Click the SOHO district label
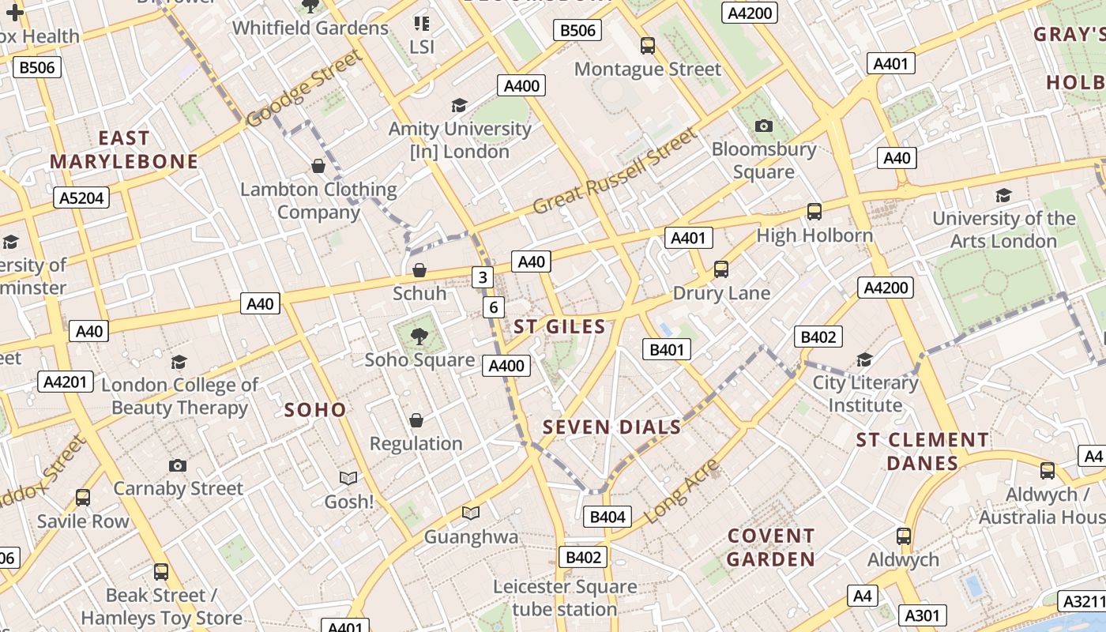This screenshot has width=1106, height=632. coord(315,409)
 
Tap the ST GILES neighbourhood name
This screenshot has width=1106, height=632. coord(559,327)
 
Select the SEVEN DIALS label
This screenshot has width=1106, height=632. coord(611,427)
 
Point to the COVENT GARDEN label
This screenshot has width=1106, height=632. coord(770,547)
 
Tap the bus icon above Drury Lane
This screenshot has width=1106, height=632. coord(720,269)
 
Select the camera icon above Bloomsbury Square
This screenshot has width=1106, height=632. coord(763,126)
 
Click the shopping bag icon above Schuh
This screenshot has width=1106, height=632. coord(419,270)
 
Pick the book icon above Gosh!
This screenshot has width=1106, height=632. coord(348,478)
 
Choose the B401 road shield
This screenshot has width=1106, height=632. coord(667,349)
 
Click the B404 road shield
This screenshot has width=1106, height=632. coord(608,517)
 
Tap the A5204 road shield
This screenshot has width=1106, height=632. coord(82,197)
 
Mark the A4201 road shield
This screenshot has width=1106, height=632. coord(66,382)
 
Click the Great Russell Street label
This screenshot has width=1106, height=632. coord(616,171)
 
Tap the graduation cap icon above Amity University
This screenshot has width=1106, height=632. coord(459,105)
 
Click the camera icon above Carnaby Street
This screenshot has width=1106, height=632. coord(178,465)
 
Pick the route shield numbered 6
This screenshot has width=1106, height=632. coord(493,307)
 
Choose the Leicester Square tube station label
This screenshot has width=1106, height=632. coord(565,598)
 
